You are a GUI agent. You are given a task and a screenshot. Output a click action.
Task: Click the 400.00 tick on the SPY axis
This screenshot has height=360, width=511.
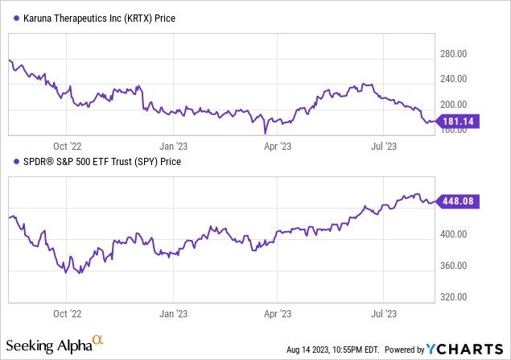tap(454, 234)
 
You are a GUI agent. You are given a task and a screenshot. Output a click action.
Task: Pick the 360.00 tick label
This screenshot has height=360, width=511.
tap(454, 266)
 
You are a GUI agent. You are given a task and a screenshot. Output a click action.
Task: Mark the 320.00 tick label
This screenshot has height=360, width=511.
tap(454, 296)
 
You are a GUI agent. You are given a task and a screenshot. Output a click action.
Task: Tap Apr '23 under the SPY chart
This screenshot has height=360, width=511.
tap(277, 308)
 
